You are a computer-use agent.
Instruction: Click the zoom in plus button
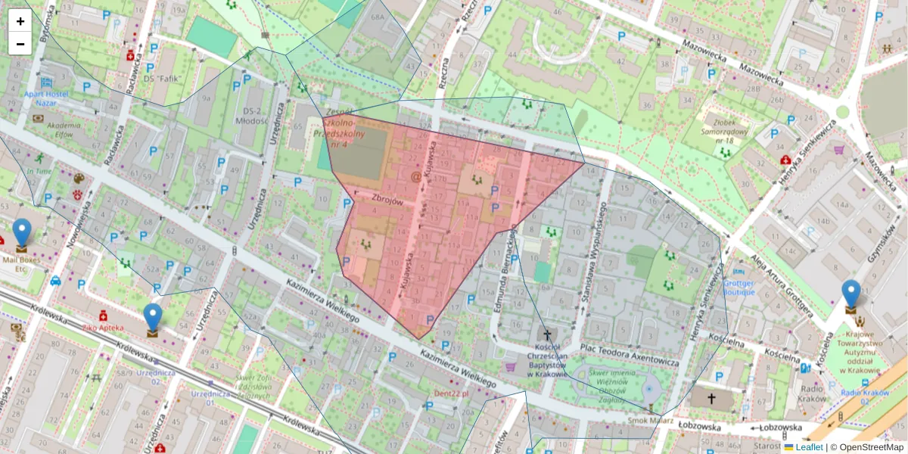coord(20,21)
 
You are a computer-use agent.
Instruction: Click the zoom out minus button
coord(20,44)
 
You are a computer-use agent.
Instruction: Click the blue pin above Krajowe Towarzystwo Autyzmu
coord(851,294)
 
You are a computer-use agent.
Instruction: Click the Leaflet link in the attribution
coord(809,447)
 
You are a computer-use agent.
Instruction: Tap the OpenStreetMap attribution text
coord(871,447)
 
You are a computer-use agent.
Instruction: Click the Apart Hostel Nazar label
coord(51,97)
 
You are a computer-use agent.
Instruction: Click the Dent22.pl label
coord(451,393)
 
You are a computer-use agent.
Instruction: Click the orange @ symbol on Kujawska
coord(415,176)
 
